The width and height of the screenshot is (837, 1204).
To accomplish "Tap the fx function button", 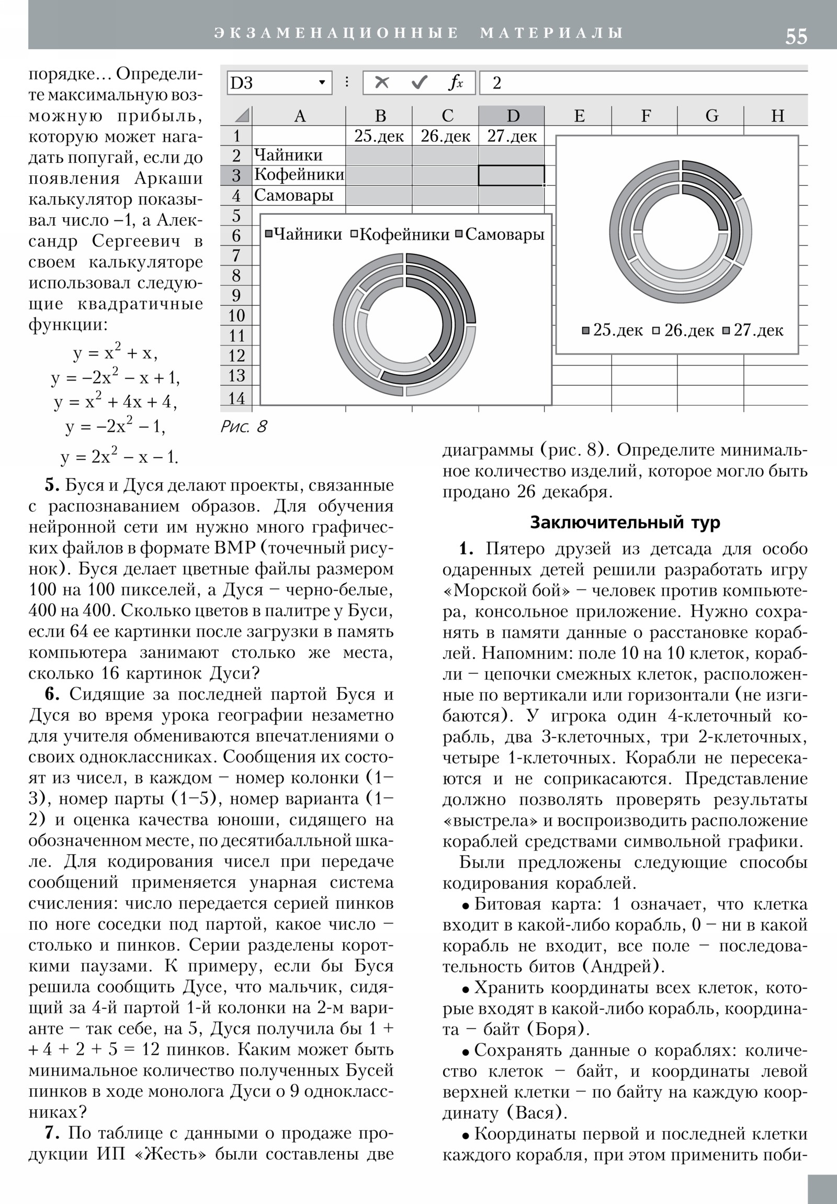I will click(456, 83).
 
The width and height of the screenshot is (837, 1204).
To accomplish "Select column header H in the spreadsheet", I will click(777, 115).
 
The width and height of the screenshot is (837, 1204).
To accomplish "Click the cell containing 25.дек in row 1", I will click(379, 136).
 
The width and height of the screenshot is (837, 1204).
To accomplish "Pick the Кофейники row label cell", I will click(299, 175).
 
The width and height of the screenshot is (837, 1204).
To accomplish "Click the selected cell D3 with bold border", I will click(511, 175).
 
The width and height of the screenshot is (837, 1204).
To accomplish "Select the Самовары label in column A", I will click(294, 195).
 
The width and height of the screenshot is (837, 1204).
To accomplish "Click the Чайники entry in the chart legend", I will click(303, 234).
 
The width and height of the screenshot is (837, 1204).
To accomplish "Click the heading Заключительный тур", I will click(625, 523).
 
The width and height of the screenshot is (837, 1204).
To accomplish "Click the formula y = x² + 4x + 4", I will click(115, 402).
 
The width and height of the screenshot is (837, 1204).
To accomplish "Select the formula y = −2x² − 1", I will click(115, 427).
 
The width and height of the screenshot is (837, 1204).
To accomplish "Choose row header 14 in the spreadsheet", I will click(236, 398).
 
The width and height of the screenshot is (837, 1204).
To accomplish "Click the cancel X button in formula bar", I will click(382, 83).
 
